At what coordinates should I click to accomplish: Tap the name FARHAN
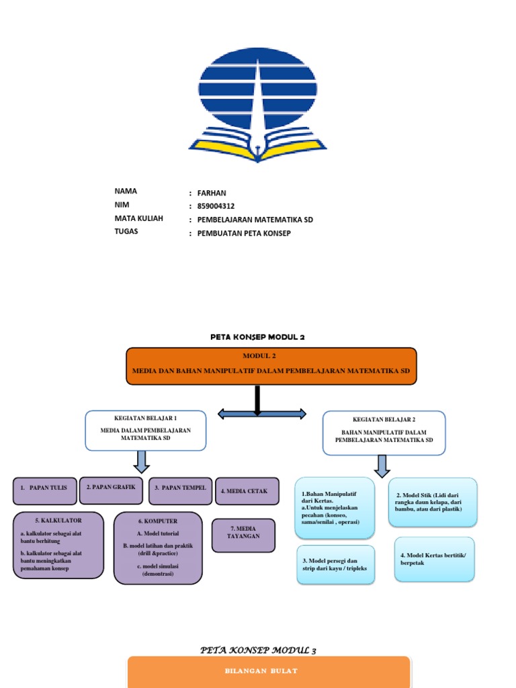pos(211,193)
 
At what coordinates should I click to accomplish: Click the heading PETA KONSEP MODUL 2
pos(258,337)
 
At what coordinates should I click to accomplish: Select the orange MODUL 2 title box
pos(271,365)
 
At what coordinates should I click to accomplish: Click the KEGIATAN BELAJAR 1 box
pos(146,431)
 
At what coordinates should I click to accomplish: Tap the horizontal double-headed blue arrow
pos(262,414)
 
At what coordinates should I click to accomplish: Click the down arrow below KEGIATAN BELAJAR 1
pos(142,462)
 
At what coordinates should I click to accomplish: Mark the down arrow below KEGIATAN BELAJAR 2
pos(382,466)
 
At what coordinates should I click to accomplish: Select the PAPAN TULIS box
pos(44,490)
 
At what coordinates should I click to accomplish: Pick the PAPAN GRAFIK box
pos(111,490)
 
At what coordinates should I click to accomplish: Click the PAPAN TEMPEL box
pos(180,490)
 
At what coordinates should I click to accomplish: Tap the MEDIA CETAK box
pos(247,491)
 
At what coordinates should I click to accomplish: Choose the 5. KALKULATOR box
pos(59,545)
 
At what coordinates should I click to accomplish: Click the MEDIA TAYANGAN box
pos(243,535)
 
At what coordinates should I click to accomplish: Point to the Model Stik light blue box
pos(433,501)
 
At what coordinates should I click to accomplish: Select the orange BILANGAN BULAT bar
pos(268,671)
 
